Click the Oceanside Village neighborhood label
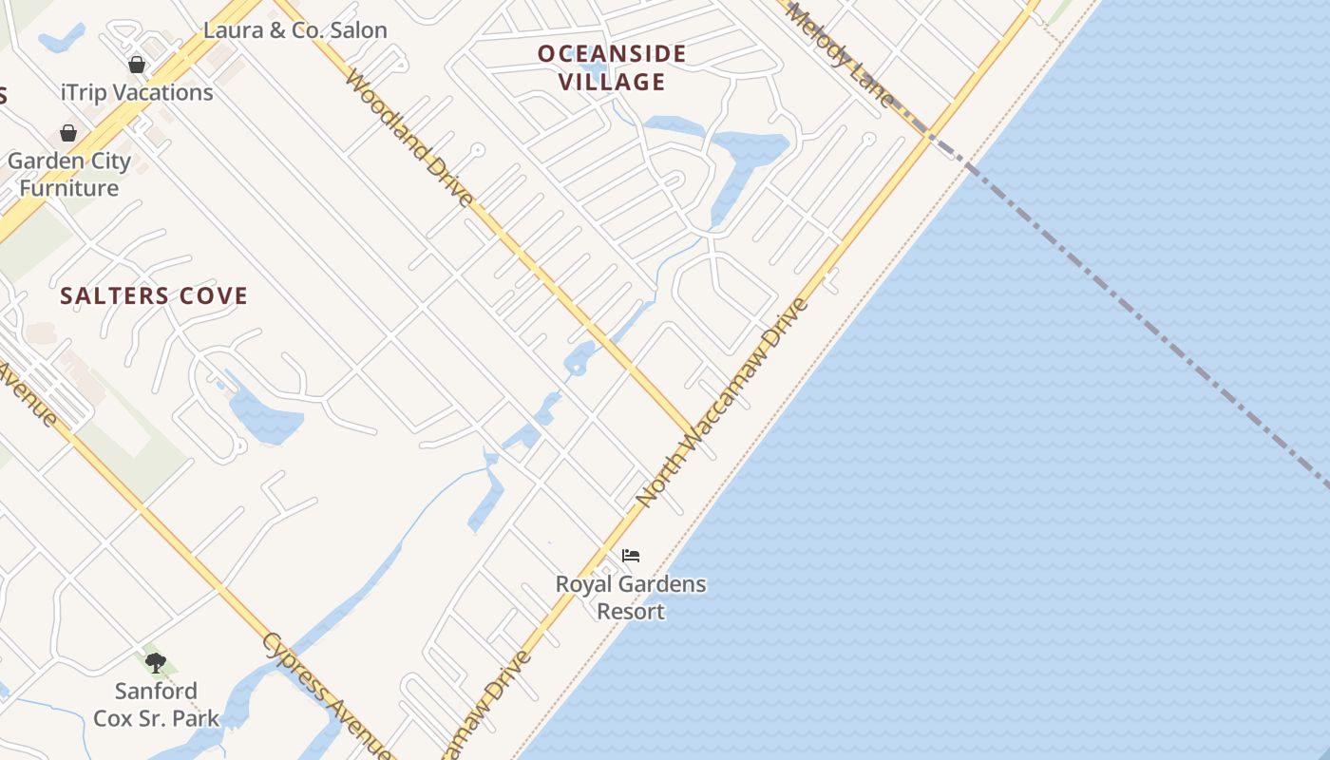pyautogui.click(x=612, y=66)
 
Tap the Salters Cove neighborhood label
pyautogui.click(x=154, y=296)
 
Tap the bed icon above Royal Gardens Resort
pyautogui.click(x=631, y=555)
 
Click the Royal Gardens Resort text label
pyautogui.click(x=631, y=597)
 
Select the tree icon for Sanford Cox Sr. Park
pyautogui.click(x=156, y=662)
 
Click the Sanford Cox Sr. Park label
pyautogui.click(x=156, y=704)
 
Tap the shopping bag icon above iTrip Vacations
pyautogui.click(x=137, y=65)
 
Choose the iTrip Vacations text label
pyautogui.click(x=137, y=92)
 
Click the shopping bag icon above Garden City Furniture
pyautogui.click(x=68, y=133)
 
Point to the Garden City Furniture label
pyautogui.click(x=69, y=174)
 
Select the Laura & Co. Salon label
pyautogui.click(x=295, y=30)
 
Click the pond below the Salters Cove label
pyautogui.click(x=263, y=418)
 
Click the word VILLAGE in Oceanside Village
pyautogui.click(x=612, y=82)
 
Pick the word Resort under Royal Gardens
pyautogui.click(x=631, y=611)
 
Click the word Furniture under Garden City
pyautogui.click(x=69, y=188)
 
